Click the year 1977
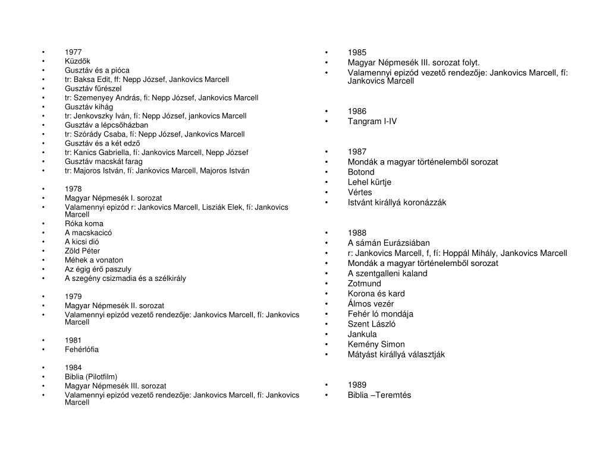73,52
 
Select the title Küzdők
77,61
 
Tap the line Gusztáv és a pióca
97,70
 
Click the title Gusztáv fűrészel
93,88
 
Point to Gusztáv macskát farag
103,161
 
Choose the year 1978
73,189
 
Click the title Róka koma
84,224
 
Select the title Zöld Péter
82,251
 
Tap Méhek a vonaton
94,260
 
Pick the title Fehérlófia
81,349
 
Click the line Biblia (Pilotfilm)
91,376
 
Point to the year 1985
357,52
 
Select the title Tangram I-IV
372,121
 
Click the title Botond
361,172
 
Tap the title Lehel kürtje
370,182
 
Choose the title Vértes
360,192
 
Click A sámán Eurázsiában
389,243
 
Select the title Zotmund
364,283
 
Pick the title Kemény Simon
376,344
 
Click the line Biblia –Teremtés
379,395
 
